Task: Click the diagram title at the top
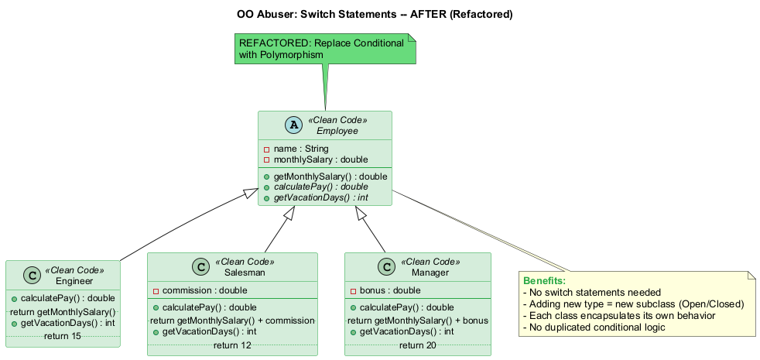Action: pos(375,15)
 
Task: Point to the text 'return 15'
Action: pos(63,335)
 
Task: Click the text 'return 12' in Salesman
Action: pos(232,345)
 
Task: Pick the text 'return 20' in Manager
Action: pos(418,345)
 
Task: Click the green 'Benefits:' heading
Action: pos(545,280)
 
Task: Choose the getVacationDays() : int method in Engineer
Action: pos(68,323)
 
